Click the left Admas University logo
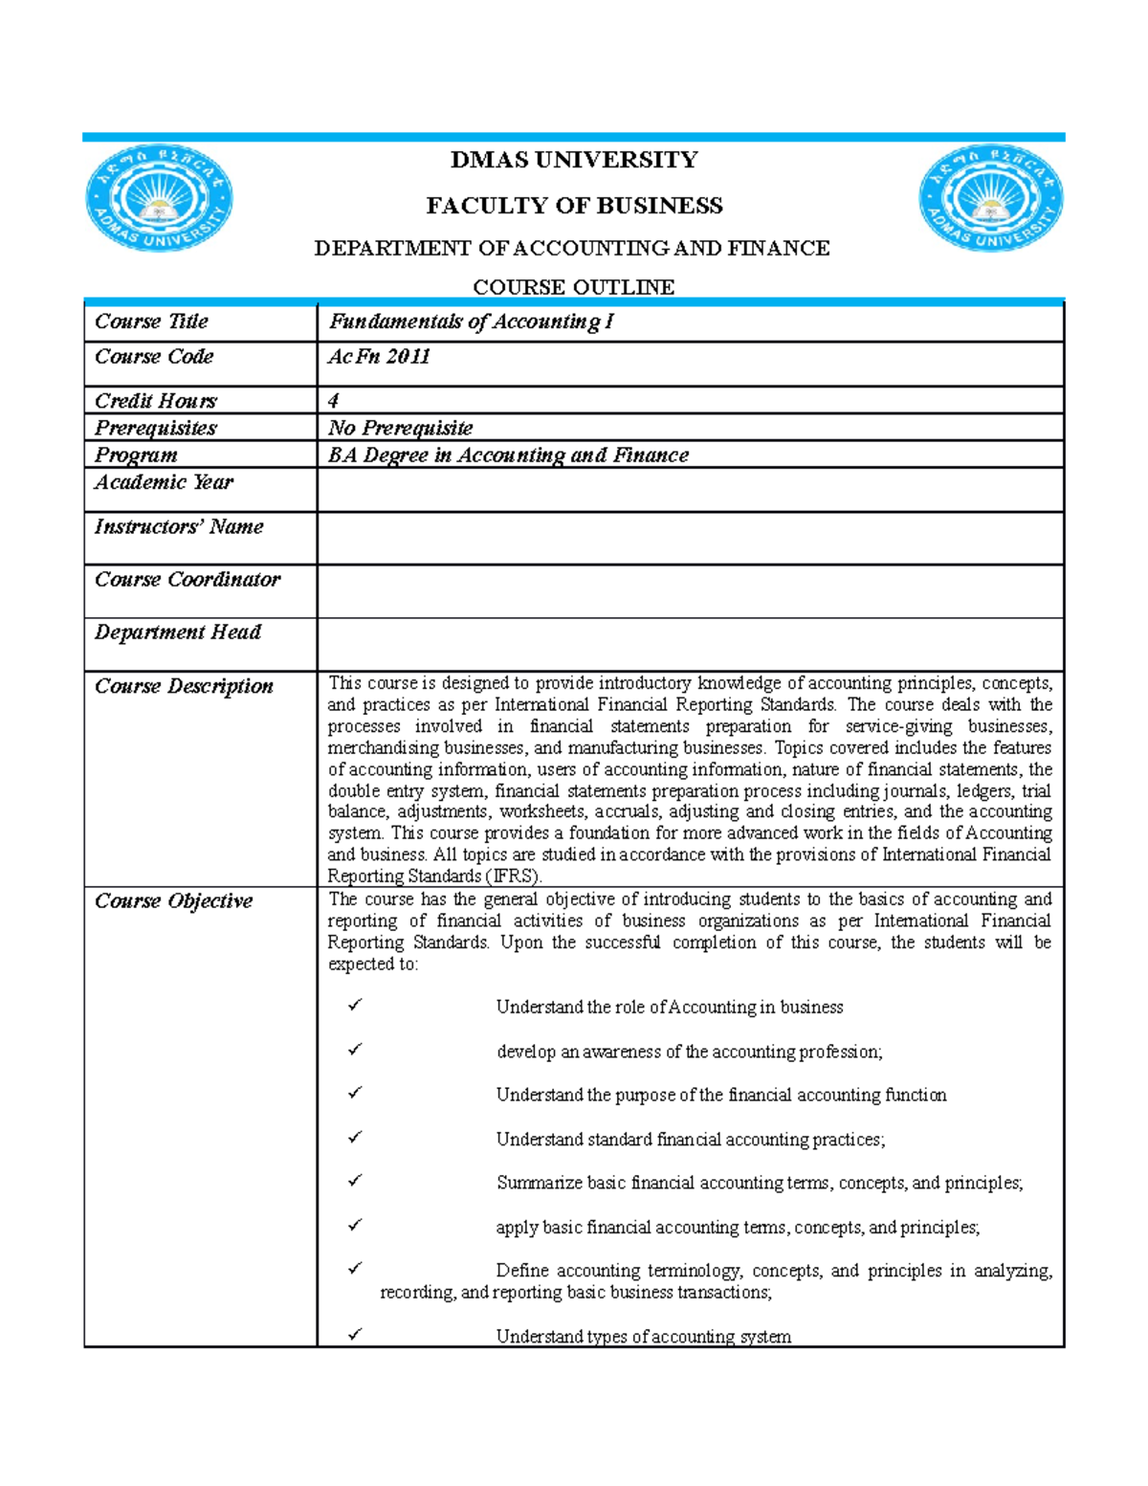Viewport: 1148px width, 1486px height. [160, 199]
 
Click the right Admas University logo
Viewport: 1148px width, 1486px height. [991, 199]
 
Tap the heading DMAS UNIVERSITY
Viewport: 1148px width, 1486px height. [574, 160]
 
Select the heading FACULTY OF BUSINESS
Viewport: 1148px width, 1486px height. [574, 206]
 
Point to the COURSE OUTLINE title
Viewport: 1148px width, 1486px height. [574, 287]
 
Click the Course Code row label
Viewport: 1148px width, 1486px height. [154, 357]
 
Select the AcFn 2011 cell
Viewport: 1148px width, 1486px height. [379, 357]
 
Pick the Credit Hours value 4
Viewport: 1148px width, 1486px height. [334, 401]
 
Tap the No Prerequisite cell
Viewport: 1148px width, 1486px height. [400, 428]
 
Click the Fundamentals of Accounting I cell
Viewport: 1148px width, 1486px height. [471, 322]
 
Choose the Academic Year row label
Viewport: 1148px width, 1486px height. [164, 482]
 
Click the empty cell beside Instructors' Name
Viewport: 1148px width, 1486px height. [690, 538]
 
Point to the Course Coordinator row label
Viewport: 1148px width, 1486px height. [188, 580]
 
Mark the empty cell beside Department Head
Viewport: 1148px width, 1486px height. [690, 644]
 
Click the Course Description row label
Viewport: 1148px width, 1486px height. [184, 686]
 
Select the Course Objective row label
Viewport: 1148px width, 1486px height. [173, 901]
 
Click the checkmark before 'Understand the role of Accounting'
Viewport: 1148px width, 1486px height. [355, 1006]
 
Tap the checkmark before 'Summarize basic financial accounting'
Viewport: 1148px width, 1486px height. [355, 1182]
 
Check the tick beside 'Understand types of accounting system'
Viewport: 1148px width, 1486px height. [355, 1334]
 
